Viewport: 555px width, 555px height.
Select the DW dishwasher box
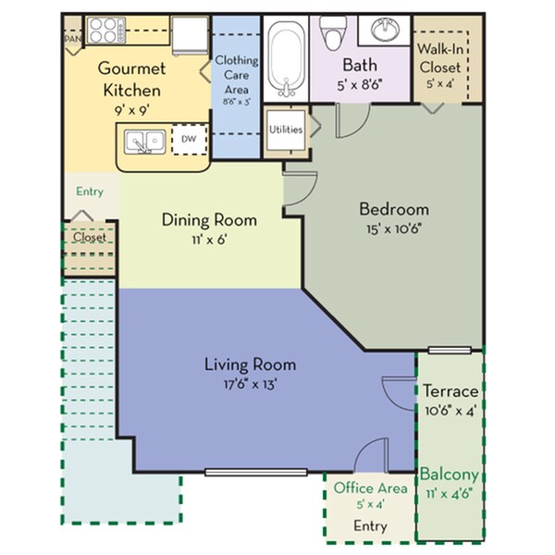[189, 139]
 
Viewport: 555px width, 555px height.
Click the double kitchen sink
[146, 142]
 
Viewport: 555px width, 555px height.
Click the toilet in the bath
[334, 35]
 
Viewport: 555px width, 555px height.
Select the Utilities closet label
[286, 129]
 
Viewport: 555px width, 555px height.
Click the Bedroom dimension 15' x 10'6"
[394, 228]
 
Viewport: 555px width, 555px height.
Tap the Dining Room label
[209, 220]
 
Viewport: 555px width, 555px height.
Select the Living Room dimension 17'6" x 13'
[247, 383]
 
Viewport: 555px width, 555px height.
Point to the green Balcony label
[450, 475]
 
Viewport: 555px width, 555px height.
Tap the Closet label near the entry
[90, 237]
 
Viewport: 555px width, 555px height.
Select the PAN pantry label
[71, 40]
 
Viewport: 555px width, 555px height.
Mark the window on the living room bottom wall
[255, 473]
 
